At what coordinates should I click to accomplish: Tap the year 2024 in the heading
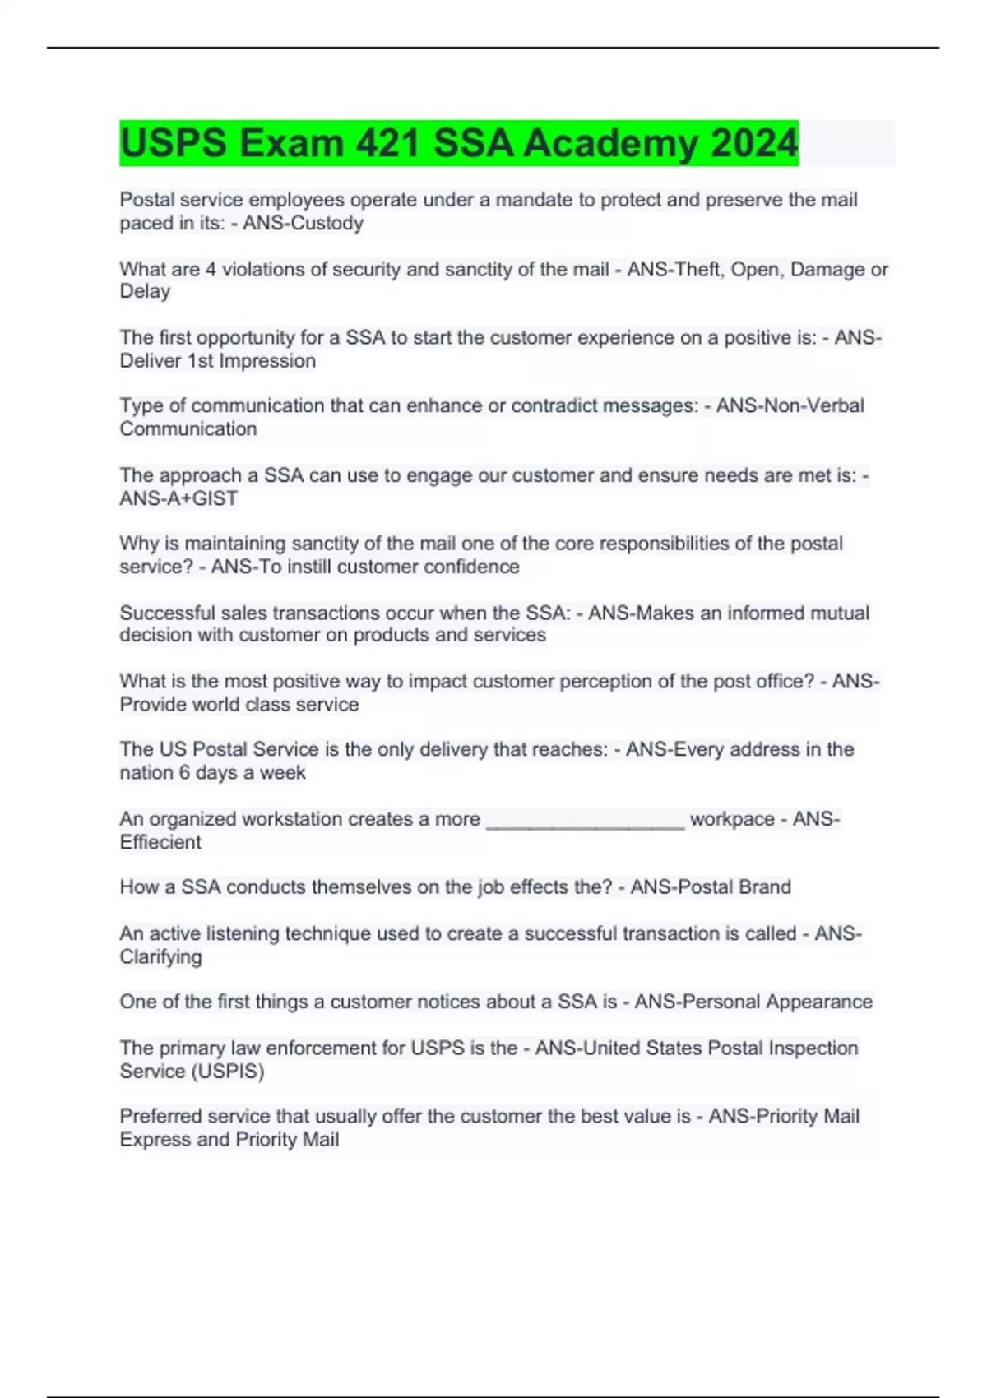(x=754, y=143)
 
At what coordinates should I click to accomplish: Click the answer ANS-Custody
(x=303, y=223)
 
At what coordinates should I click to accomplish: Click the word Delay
(x=145, y=291)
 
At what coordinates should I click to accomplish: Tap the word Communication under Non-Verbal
(x=188, y=428)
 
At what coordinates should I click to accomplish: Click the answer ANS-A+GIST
(x=178, y=498)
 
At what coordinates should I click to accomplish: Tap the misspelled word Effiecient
(x=160, y=842)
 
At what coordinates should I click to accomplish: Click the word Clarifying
(x=160, y=956)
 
